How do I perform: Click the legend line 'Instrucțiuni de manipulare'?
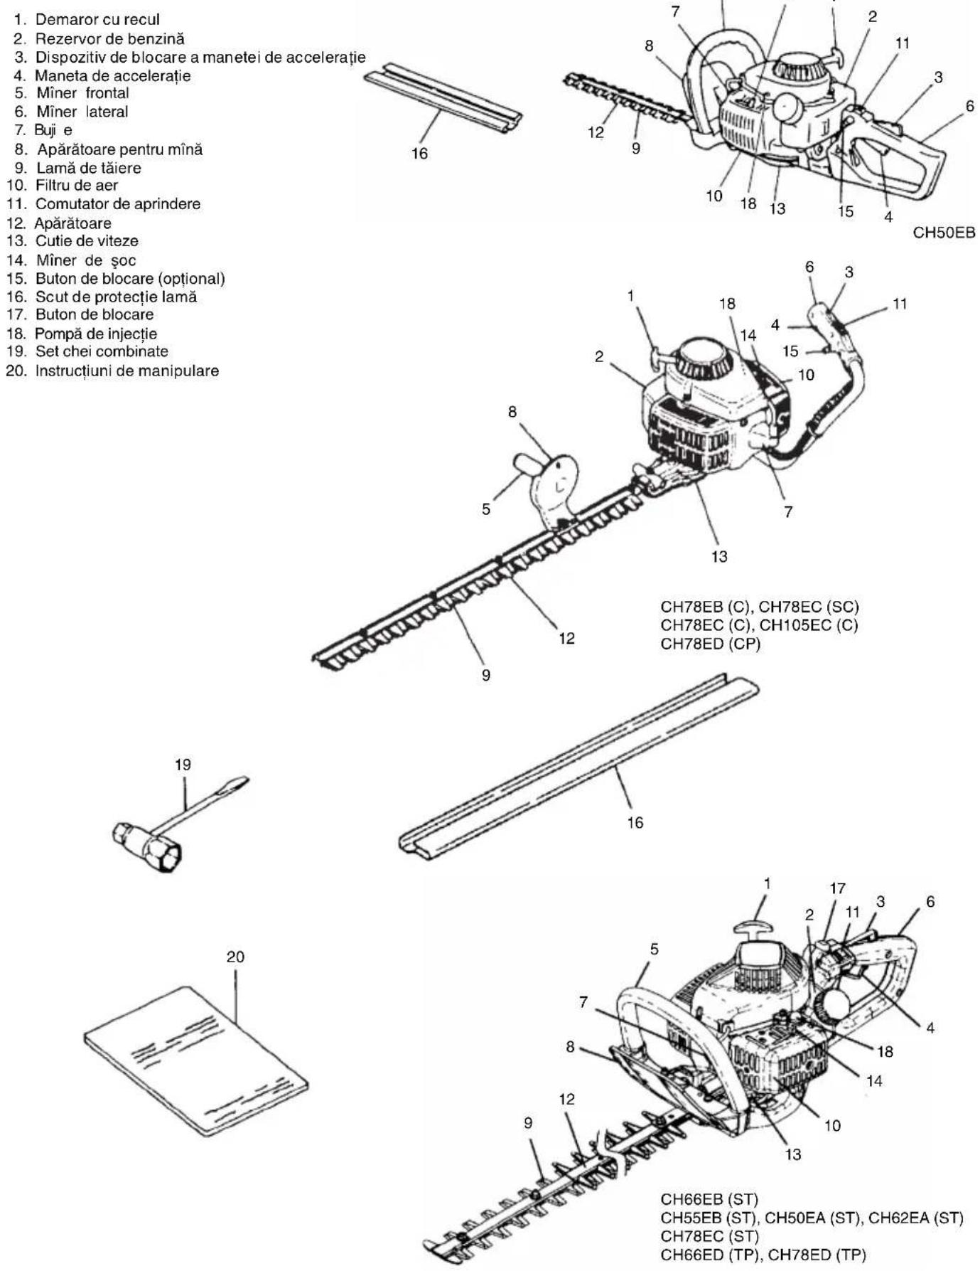coord(113,371)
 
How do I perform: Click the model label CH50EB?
coord(944,233)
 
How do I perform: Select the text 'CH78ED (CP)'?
coord(711,644)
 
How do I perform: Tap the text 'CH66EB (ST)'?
coord(710,1200)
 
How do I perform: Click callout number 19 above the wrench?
coord(183,765)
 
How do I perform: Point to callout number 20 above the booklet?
coord(235,957)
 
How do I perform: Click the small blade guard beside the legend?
coord(443,98)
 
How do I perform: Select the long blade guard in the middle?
coord(578,767)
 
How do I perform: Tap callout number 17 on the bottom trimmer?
coord(838,888)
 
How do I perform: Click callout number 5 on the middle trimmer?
coord(486,509)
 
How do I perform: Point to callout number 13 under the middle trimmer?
coord(719,556)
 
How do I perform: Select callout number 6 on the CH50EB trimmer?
coord(970,106)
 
